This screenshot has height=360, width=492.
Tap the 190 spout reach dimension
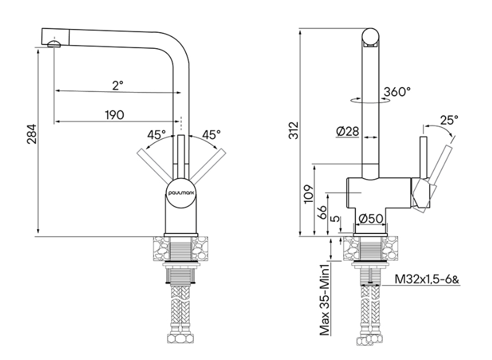(114, 115)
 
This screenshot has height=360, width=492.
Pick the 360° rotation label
(397, 93)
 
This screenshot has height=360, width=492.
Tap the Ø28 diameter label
(347, 132)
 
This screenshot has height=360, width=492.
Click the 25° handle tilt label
(450, 120)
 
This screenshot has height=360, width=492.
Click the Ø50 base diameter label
(370, 218)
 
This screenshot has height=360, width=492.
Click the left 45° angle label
(156, 134)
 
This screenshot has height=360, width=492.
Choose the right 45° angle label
(211, 134)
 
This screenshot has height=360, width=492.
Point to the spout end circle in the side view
(370, 37)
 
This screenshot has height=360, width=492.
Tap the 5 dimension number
(334, 219)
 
